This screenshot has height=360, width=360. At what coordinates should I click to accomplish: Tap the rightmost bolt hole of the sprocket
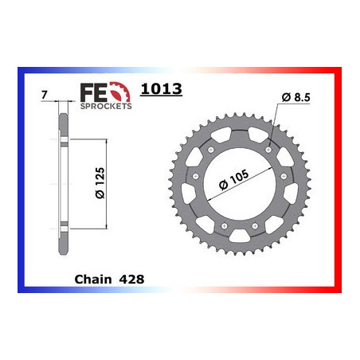[278, 186]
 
